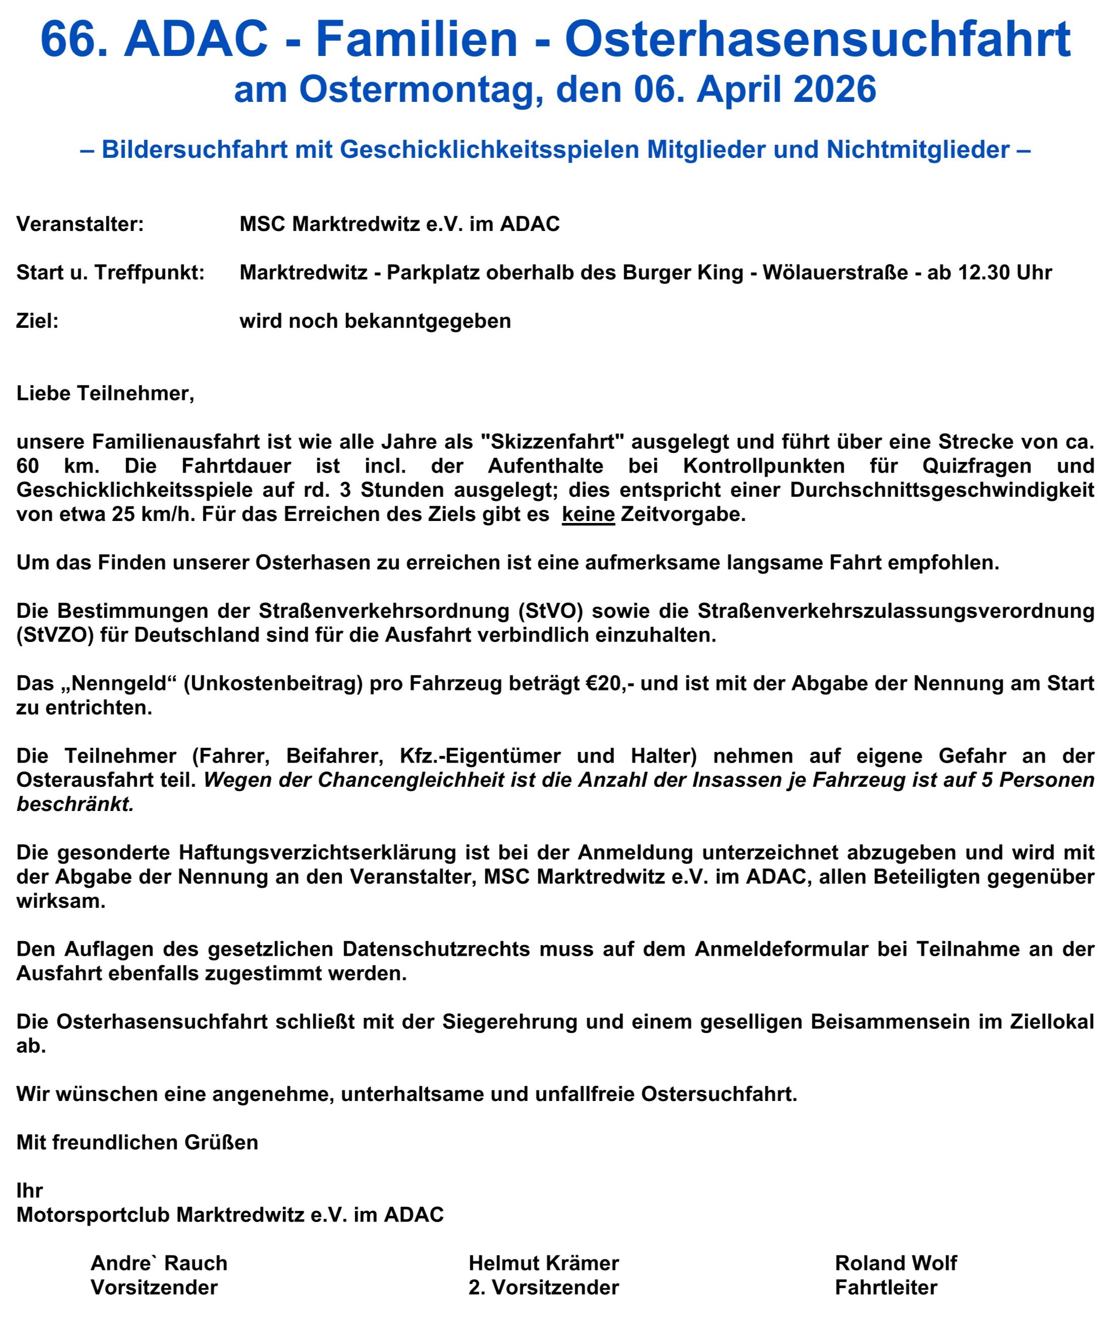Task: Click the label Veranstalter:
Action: [x=80, y=224]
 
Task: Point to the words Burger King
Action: [x=683, y=273]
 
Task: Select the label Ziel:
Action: [x=37, y=321]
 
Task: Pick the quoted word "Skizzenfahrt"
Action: [x=553, y=441]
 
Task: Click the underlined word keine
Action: [x=588, y=514]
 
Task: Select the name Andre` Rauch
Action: [x=158, y=1263]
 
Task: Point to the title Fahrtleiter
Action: [x=886, y=1288]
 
